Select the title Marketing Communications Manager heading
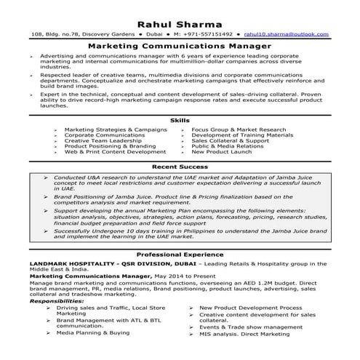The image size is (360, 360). point(180,45)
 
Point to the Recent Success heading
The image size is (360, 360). point(180,167)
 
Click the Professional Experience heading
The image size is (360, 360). point(180,255)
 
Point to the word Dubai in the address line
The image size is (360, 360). point(153,33)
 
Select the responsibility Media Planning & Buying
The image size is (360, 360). point(93,332)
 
